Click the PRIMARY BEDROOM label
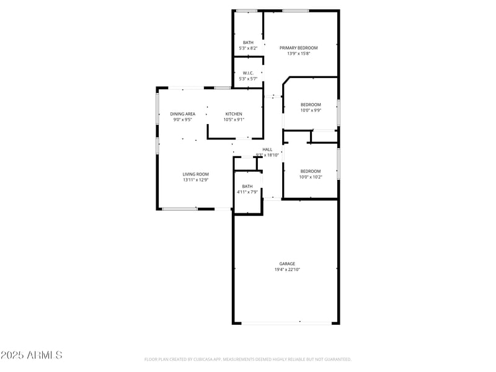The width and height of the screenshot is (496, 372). tap(298, 48)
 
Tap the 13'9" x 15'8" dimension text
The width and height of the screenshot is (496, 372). tap(298, 54)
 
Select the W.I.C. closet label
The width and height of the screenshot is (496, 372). tap(248, 73)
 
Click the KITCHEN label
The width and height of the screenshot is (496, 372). tap(234, 113)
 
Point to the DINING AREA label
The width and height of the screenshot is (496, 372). tap(183, 113)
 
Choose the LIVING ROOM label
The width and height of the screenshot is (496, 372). tap(195, 174)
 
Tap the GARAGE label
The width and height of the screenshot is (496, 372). tap(287, 263)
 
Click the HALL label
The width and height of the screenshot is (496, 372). tap(267, 149)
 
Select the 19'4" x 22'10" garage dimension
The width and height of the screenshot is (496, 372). tap(287, 270)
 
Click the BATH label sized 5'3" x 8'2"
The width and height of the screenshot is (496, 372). tap(248, 42)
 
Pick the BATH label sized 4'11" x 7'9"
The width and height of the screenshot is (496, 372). tap(247, 186)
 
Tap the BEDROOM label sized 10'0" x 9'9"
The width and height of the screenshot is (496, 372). tap(311, 104)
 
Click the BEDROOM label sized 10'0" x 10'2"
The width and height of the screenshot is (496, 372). tap(311, 171)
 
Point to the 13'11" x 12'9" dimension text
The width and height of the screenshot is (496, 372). tap(195, 180)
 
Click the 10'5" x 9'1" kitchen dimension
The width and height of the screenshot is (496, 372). tap(234, 120)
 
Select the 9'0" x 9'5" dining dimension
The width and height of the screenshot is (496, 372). tap(183, 120)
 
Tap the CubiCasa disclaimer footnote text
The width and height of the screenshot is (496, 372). tap(248, 359)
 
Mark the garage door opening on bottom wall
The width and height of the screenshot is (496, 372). tap(286, 322)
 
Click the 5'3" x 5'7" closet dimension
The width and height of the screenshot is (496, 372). tap(248, 79)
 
